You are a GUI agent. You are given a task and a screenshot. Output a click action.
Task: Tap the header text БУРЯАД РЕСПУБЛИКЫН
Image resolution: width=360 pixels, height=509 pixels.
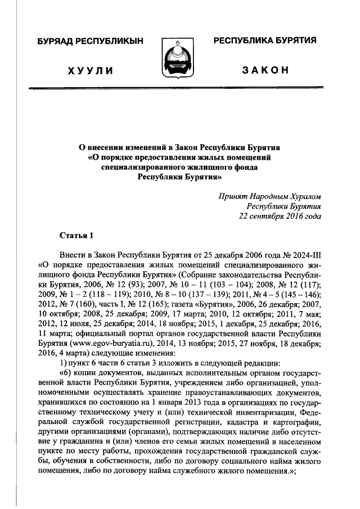pos(90,41)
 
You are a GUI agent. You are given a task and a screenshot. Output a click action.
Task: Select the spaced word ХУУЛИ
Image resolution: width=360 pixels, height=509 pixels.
pos(90,71)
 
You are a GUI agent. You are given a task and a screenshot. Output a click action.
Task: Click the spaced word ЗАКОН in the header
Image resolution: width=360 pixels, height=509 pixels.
pos(265,71)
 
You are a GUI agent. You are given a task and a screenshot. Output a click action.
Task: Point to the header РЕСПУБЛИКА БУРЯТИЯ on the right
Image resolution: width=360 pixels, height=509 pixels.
pos(264,40)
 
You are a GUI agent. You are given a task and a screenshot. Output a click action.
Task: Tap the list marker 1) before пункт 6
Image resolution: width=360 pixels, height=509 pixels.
pos(62,361)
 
